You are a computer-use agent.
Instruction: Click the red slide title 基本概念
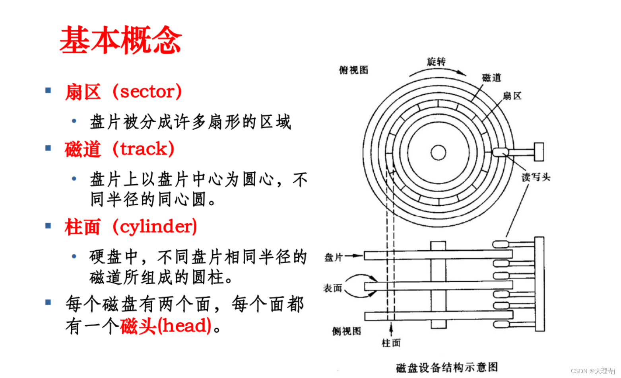click(120, 40)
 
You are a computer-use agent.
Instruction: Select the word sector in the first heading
click(147, 92)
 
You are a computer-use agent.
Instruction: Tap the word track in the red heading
click(144, 149)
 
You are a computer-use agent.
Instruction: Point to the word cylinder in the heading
click(155, 227)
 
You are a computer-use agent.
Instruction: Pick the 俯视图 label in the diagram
click(353, 70)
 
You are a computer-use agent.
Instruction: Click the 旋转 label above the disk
click(436, 62)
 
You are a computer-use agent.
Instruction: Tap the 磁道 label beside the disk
click(491, 78)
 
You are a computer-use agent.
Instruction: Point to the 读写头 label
click(536, 177)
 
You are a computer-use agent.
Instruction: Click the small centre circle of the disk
click(438, 152)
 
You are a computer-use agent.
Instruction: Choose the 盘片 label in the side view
click(333, 257)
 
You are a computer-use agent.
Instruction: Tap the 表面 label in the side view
click(332, 288)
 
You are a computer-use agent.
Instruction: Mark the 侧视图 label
click(346, 331)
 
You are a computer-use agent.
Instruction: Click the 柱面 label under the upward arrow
click(391, 343)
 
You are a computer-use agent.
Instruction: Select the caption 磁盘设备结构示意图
click(447, 367)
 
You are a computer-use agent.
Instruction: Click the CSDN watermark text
click(593, 371)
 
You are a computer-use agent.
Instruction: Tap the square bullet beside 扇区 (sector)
click(48, 90)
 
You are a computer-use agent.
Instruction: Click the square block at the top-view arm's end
click(539, 152)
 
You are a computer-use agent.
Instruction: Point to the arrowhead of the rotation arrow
click(462, 73)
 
